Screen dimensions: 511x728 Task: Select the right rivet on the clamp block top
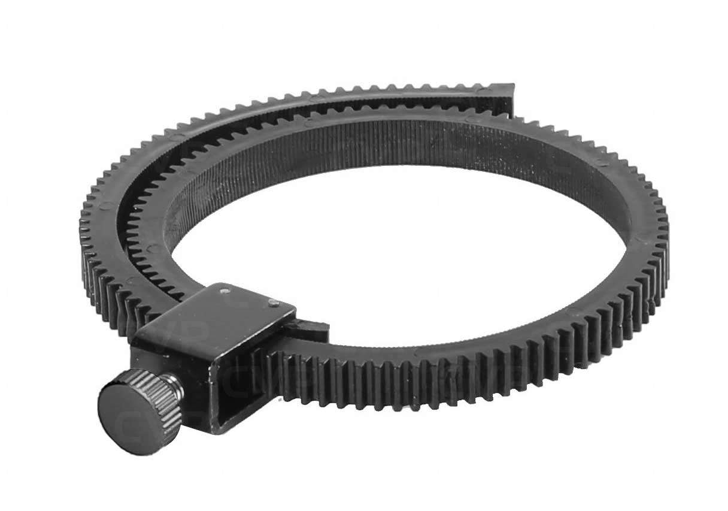pos(272,303)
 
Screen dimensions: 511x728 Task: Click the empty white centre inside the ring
pos(383,252)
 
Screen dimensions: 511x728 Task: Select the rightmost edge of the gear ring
pos(666,240)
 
